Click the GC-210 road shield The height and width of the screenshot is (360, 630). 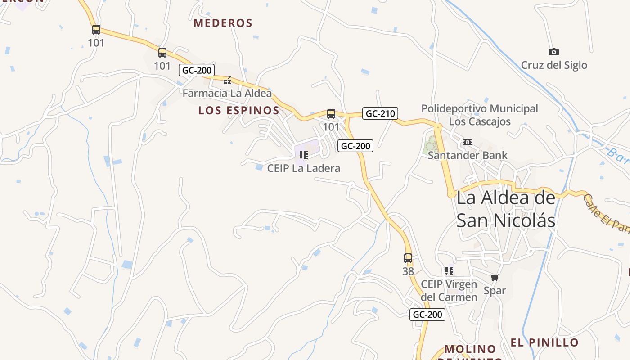point(380,113)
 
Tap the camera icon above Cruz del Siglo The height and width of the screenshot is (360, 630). point(553,52)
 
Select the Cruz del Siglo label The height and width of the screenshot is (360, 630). point(554,65)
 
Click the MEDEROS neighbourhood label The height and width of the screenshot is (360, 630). point(223,23)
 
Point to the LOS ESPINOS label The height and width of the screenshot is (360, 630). point(239,110)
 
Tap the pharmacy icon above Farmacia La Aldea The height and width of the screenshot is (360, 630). point(228,81)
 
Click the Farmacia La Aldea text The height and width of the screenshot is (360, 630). point(227,93)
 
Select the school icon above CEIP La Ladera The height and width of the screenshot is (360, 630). point(304,156)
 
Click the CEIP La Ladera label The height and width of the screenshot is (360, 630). point(304,168)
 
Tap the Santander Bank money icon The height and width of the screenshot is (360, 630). point(468,142)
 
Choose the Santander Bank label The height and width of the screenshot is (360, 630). point(468,155)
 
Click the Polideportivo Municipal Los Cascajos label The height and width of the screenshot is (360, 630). point(480,115)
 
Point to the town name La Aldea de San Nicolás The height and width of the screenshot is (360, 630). point(506,209)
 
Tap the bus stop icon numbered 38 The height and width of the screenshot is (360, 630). point(408,258)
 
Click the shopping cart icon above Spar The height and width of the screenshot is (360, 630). point(495,278)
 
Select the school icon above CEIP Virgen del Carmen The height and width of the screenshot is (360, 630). point(449,271)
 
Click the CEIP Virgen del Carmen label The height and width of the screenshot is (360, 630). point(449,291)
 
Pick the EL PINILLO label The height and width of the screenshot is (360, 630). point(544,342)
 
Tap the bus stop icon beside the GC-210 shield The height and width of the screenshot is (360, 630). point(331,114)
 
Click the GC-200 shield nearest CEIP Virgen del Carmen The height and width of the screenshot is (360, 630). point(427,315)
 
